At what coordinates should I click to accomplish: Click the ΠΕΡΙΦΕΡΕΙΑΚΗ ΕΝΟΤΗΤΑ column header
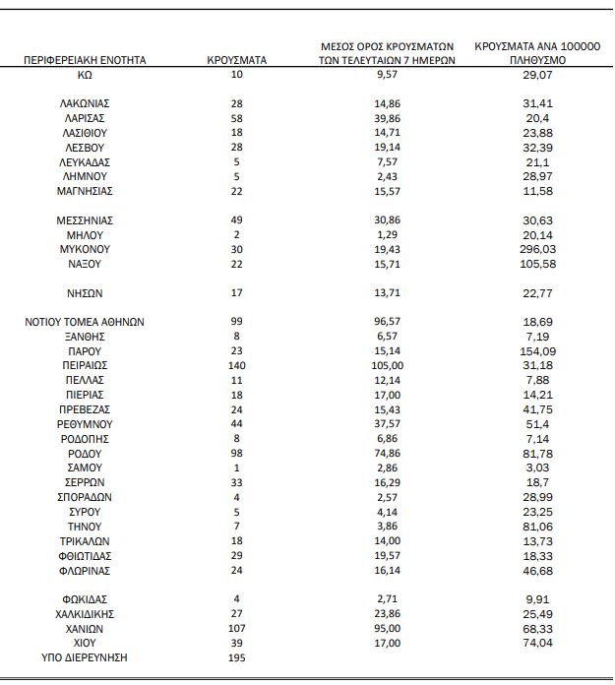coord(86,60)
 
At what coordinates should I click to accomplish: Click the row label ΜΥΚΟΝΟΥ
coord(86,250)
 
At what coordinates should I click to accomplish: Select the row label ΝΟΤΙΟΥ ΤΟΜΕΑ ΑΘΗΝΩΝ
coord(86,322)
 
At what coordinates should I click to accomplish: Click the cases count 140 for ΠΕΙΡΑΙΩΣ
coord(236,364)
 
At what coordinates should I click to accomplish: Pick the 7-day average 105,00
coord(386,364)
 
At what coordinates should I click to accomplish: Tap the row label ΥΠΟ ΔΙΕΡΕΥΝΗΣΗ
coord(86,656)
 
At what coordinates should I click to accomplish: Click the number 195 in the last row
coord(236,656)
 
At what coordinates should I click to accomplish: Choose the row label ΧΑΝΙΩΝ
coord(86,628)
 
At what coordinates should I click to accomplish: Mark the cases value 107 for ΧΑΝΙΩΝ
coord(236,628)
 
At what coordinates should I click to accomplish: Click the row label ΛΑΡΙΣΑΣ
coord(86,117)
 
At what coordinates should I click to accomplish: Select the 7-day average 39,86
coord(386,117)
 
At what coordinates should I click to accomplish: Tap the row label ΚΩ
coord(86,75)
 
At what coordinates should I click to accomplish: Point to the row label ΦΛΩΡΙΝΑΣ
coord(86,571)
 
